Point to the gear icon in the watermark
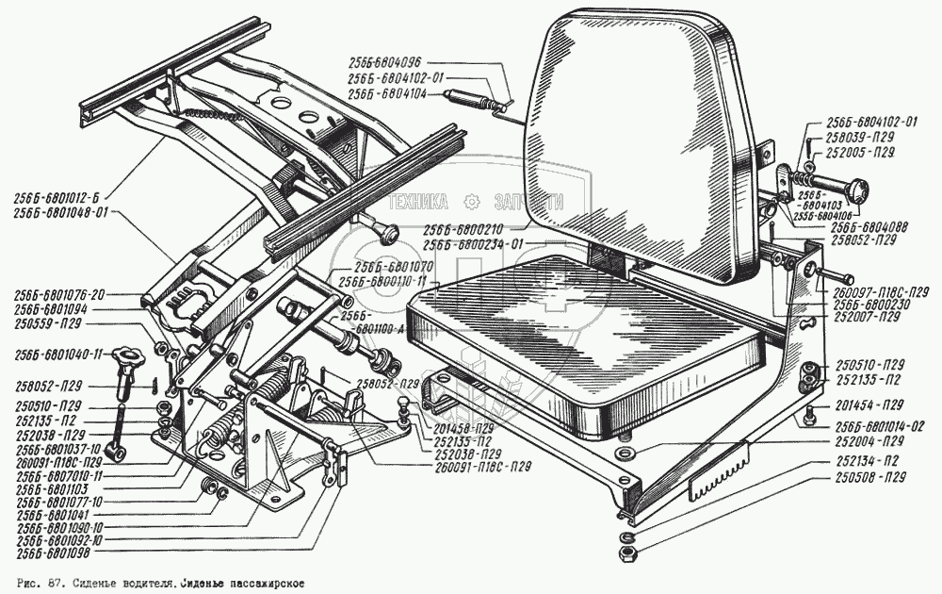[x=473, y=201]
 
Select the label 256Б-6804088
[x=868, y=227]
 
